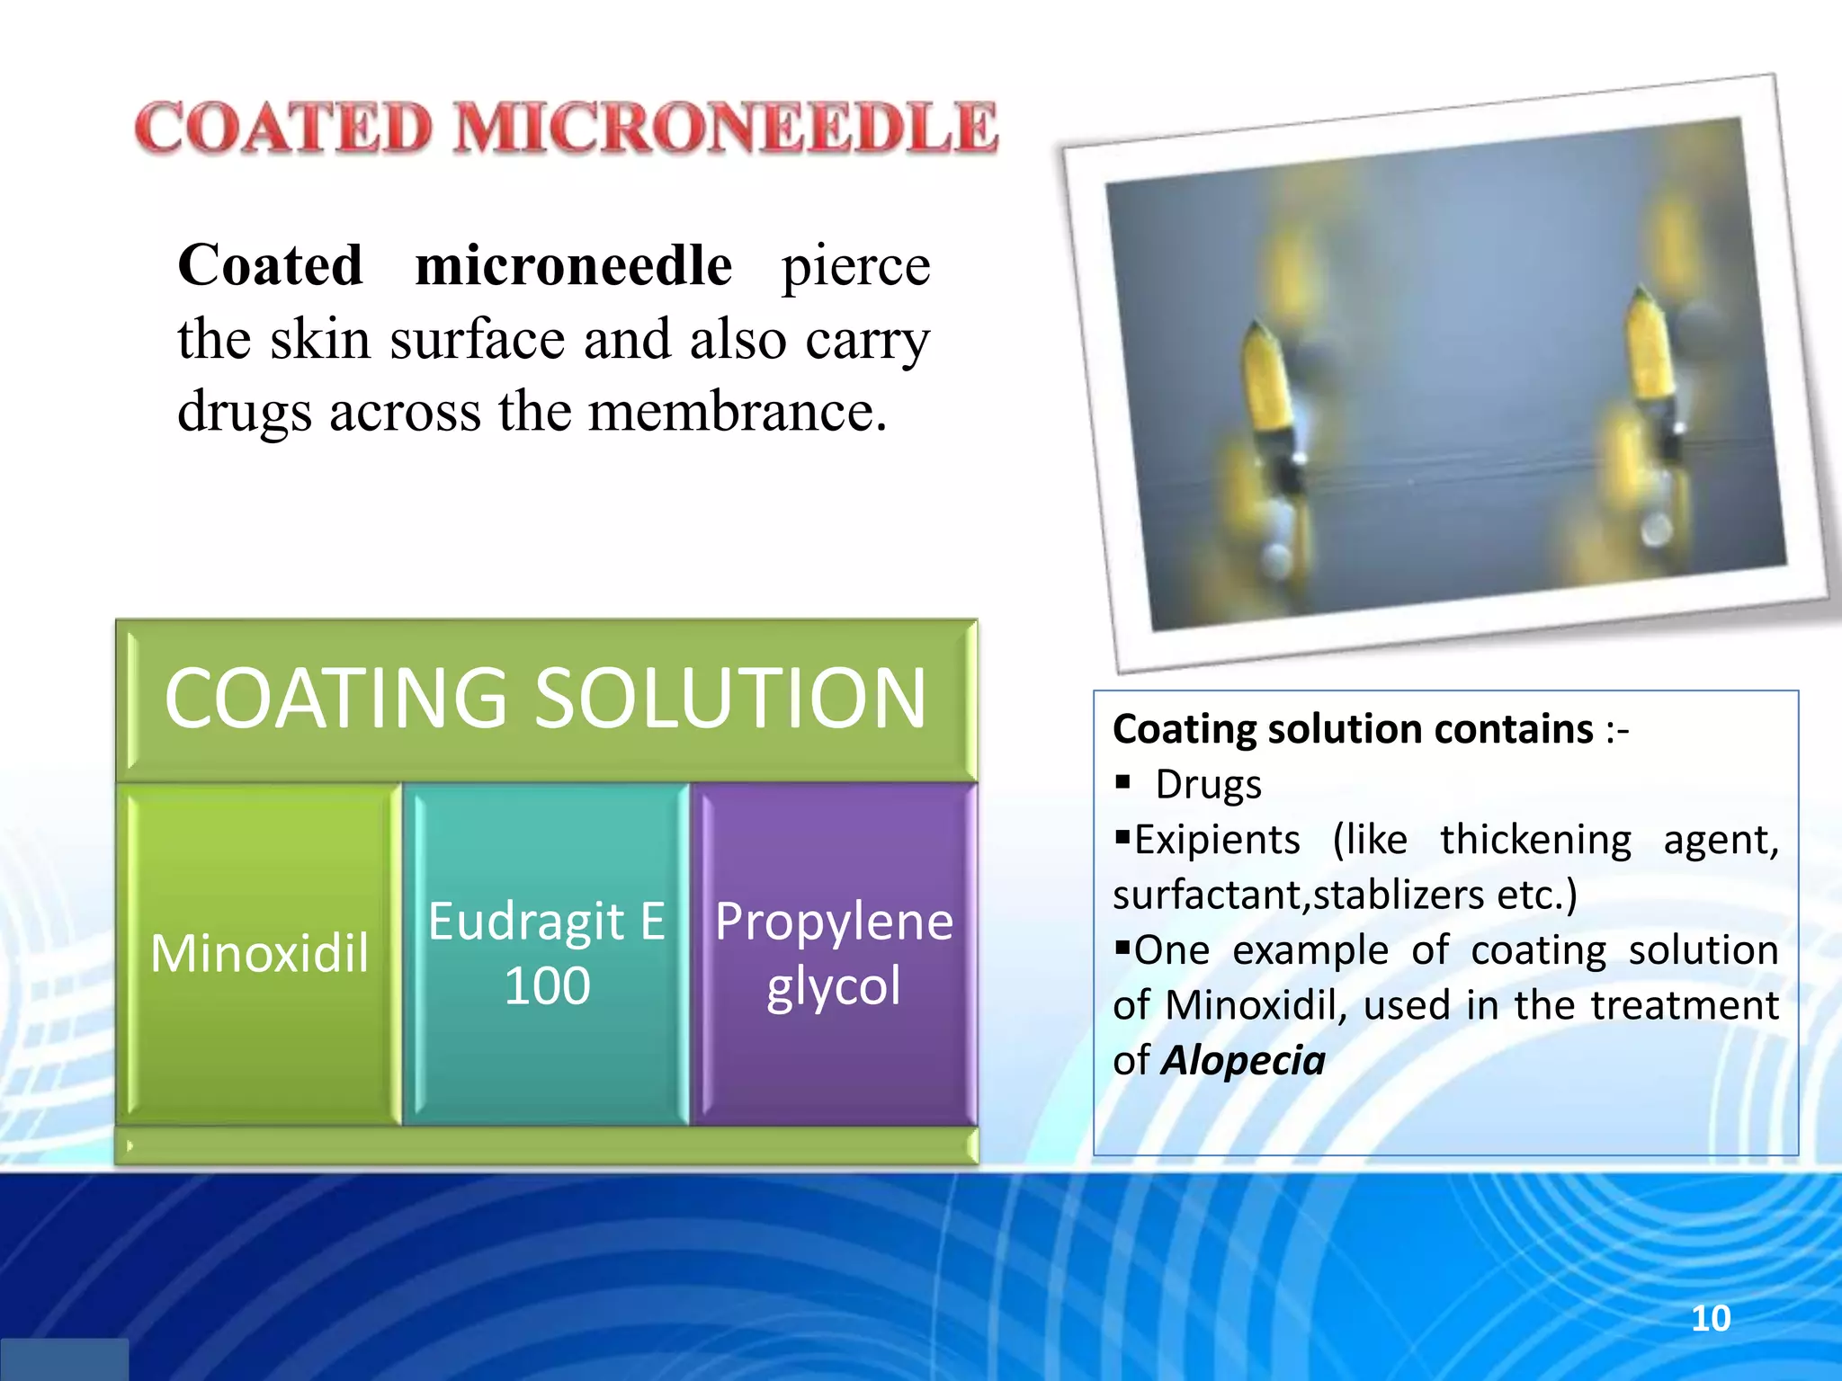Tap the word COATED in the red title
(284, 128)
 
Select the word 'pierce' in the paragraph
(855, 267)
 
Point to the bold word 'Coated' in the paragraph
(271, 266)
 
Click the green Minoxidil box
(259, 953)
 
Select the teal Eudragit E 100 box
(546, 953)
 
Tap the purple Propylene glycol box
(834, 953)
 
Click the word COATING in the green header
(336, 699)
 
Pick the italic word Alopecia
(1243, 1061)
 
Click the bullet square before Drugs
(1122, 781)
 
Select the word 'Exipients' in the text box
(1217, 840)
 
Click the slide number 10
(1710, 1319)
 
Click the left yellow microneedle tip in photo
(1266, 378)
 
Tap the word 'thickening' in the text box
(1535, 840)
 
